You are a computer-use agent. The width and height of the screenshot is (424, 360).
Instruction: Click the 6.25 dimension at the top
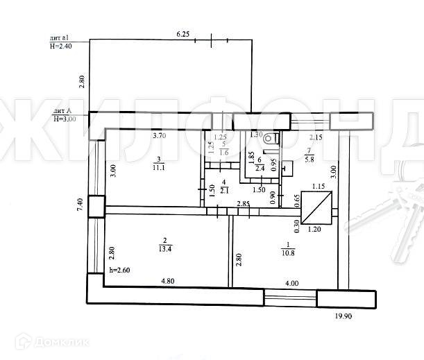pyautogui.click(x=183, y=33)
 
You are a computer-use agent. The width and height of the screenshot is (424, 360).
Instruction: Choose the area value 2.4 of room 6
pyautogui.click(x=259, y=167)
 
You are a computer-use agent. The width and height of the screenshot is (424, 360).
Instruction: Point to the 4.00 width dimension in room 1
pyautogui.click(x=292, y=282)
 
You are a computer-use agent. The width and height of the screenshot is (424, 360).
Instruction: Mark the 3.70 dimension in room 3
pyautogui.click(x=160, y=137)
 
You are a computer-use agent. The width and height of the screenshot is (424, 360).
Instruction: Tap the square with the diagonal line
pyautogui.click(x=321, y=207)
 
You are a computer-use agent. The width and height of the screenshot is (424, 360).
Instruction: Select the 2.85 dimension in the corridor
pyautogui.click(x=244, y=203)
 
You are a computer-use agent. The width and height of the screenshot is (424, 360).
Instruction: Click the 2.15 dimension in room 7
pyautogui.click(x=316, y=137)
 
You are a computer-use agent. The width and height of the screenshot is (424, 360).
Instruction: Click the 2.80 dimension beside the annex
pyautogui.click(x=81, y=80)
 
